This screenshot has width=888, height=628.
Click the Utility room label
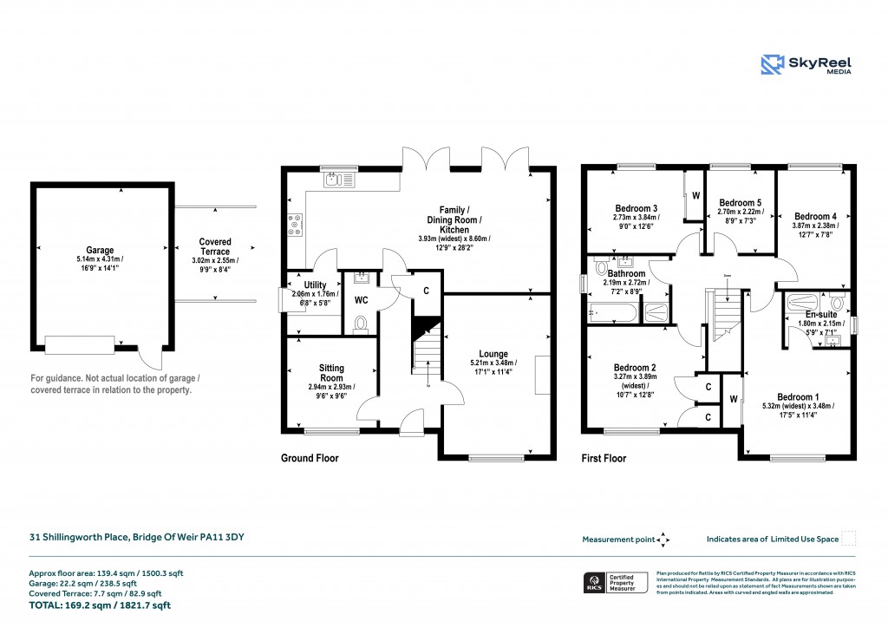click(x=315, y=285)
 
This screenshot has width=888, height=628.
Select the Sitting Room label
click(x=331, y=373)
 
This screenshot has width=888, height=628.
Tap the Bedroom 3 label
click(x=637, y=208)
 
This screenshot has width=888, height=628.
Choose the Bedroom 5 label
click(x=739, y=201)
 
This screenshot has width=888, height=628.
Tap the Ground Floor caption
click(x=310, y=458)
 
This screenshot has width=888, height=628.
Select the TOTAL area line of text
click(x=100, y=605)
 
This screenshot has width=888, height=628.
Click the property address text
click(x=137, y=538)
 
